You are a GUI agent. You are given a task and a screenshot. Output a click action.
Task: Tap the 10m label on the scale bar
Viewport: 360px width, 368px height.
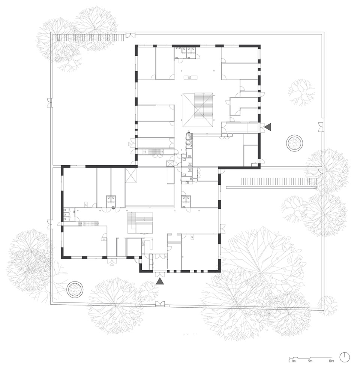(x=331, y=361)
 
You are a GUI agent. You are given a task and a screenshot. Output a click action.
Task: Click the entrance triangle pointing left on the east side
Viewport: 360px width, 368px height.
(x=267, y=127)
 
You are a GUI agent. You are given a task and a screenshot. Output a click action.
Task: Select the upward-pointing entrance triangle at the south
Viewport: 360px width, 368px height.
(x=160, y=281)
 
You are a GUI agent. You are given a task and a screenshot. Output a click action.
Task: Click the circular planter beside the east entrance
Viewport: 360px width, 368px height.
(x=294, y=143)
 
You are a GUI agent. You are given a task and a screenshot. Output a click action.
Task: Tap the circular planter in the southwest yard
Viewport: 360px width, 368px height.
(x=75, y=289)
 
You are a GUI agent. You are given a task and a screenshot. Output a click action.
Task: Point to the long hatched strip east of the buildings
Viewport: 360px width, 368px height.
(x=278, y=181)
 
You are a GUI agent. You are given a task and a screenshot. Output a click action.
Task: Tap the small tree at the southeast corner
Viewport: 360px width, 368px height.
(x=328, y=305)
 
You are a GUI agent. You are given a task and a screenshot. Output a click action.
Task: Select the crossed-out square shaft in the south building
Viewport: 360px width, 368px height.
(x=132, y=175)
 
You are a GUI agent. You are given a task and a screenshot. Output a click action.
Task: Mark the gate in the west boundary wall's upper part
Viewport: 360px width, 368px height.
(x=49, y=102)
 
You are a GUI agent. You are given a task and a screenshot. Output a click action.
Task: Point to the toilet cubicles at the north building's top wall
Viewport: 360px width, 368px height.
(x=185, y=53)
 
